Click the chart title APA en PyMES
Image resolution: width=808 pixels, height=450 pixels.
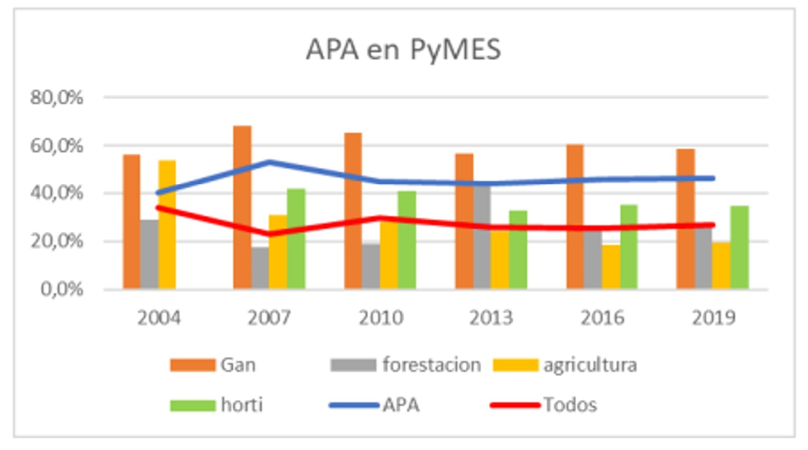(403, 49)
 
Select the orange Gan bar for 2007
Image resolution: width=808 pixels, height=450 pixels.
(242, 206)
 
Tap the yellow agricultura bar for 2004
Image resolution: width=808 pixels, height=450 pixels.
(167, 225)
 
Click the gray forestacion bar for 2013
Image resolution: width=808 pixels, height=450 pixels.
(482, 257)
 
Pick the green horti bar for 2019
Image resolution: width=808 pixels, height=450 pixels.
(740, 247)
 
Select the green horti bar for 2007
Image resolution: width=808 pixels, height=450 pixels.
(296, 238)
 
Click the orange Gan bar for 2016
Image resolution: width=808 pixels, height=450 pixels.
(575, 215)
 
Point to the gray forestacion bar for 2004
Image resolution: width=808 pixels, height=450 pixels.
(149, 254)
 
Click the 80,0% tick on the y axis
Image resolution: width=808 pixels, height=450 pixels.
(56, 98)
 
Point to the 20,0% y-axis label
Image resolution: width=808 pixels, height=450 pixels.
(56, 241)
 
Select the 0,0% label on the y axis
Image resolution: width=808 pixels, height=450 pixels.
(61, 289)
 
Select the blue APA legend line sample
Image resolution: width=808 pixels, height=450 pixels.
(354, 405)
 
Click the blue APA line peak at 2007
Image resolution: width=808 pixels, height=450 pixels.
(269, 162)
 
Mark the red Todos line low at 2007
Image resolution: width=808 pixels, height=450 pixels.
(269, 234)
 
